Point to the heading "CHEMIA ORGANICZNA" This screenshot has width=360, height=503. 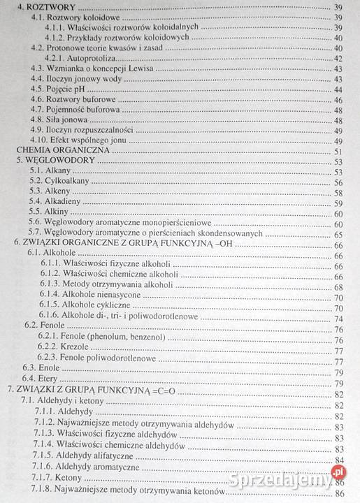[61, 151]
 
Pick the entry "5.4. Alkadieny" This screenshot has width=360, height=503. [62, 203]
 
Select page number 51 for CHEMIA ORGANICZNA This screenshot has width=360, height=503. [338, 151]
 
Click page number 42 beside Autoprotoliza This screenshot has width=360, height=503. [338, 59]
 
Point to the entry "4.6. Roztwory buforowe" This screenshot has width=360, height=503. [73, 100]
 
